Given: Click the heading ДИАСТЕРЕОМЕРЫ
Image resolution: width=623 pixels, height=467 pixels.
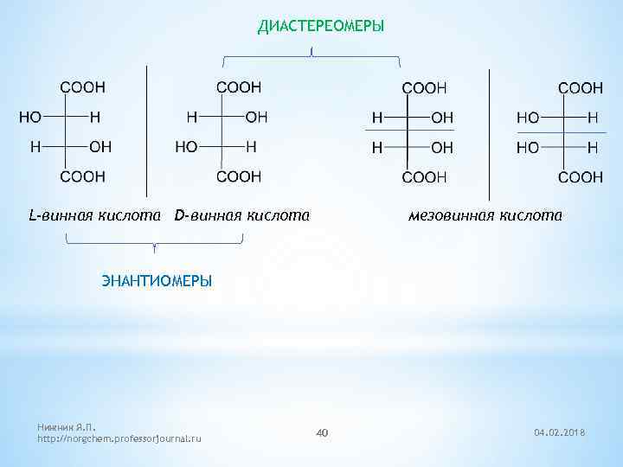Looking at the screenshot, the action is (321, 27).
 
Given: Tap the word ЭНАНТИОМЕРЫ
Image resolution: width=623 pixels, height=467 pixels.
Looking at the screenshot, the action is (156, 281).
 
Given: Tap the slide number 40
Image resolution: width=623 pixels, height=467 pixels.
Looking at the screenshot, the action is (321, 432).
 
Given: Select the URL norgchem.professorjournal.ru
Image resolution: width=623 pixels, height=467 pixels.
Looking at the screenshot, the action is (119, 439).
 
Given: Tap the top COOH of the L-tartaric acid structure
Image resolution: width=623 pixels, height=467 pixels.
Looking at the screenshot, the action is (82, 87).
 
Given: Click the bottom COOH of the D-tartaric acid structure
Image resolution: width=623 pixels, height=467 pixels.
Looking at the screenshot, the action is (238, 176).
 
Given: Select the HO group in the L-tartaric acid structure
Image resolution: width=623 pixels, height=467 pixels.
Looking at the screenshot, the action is (30, 118).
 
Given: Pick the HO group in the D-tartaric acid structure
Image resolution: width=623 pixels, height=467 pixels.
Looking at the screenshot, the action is (186, 147).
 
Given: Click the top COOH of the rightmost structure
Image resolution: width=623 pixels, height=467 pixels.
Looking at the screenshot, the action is (581, 87).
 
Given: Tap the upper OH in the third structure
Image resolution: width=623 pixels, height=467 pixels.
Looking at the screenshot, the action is (441, 118).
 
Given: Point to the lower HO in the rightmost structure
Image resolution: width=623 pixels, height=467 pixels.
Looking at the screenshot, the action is (528, 148).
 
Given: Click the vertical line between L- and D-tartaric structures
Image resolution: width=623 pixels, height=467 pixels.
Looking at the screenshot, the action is (147, 130).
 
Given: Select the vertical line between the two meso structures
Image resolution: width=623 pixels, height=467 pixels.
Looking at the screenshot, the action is (490, 130).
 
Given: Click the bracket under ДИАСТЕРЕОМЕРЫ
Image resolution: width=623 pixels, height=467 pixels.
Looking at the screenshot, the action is (311, 59).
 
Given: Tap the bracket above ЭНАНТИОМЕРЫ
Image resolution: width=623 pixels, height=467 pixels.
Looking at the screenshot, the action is (154, 244).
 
